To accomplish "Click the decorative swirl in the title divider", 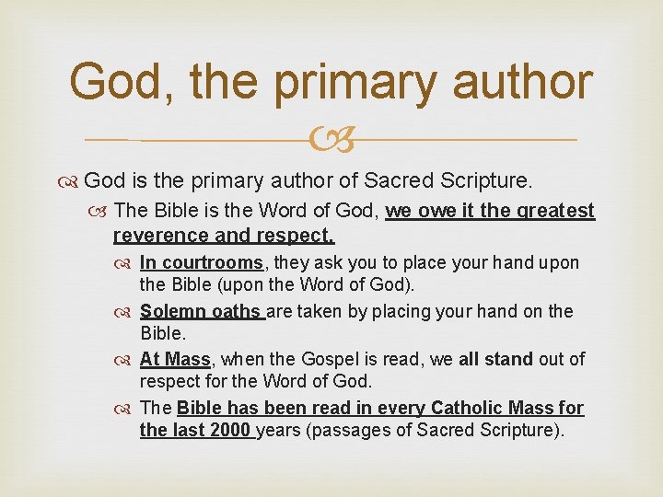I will click(331, 141).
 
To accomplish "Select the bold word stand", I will click(506, 359).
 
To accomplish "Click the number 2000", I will click(230, 431).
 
